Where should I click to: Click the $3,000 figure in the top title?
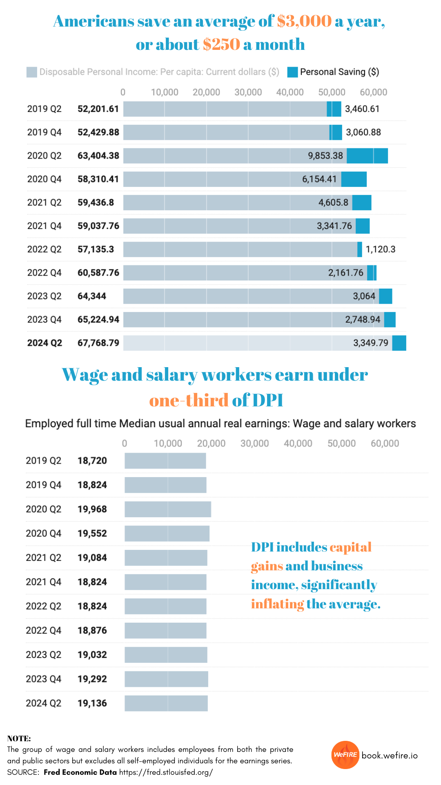[x=304, y=21]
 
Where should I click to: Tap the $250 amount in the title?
[x=221, y=44]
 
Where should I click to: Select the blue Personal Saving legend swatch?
[x=292, y=72]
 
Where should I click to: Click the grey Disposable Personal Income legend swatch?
[x=31, y=72]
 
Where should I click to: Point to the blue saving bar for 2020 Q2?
[x=367, y=156]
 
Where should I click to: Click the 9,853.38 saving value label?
[x=325, y=156]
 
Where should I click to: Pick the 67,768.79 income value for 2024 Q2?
[x=98, y=343]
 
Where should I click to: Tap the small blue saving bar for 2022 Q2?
[x=359, y=249]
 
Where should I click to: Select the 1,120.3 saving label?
[x=381, y=249]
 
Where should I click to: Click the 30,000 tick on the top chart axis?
[x=248, y=92]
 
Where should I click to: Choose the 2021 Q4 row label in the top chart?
[x=44, y=226]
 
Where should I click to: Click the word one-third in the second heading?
[x=189, y=400]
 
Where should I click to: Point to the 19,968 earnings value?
[x=92, y=509]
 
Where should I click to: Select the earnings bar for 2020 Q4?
[x=167, y=534]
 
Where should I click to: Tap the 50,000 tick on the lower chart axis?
[x=341, y=444]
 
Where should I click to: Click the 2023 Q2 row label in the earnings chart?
[x=43, y=655]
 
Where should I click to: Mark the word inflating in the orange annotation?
[x=277, y=604]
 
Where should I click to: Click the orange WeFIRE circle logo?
[x=345, y=755]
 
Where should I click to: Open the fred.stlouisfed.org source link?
[x=166, y=772]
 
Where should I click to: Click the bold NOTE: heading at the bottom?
[x=19, y=738]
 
